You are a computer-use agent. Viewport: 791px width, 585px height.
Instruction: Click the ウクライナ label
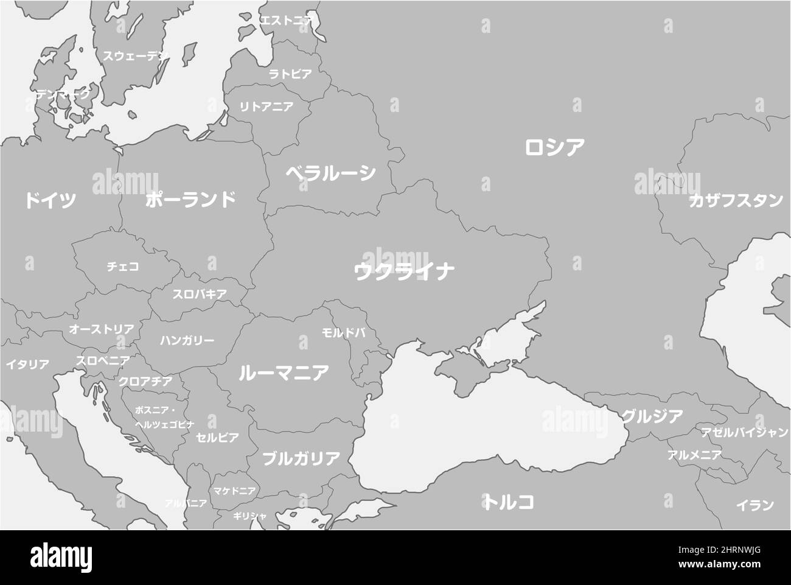pos(404,271)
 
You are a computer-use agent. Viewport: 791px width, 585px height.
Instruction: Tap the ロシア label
pos(554,147)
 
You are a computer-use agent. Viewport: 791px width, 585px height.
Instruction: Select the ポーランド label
pos(190,200)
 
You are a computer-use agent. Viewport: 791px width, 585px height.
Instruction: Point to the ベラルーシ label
pos(331,173)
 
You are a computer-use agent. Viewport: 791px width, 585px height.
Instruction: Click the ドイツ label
pos(51,200)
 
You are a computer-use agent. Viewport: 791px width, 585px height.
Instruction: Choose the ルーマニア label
pos(284,373)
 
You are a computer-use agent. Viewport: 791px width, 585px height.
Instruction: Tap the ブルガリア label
pos(301,458)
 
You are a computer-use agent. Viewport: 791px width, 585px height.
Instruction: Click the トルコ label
pos(510,502)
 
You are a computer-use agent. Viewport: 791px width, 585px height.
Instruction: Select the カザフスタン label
pos(736,201)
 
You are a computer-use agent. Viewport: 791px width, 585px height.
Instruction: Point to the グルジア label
pos(652,416)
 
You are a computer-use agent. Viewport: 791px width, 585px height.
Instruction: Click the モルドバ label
pos(343,333)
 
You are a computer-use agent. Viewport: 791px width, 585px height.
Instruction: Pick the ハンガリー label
pos(187,340)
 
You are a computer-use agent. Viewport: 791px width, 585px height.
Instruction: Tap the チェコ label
pos(123,267)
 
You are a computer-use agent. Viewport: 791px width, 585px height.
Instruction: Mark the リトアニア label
pos(266,107)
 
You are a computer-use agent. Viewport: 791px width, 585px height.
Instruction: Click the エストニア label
pos(286,20)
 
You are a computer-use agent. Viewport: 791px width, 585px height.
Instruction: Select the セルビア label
pos(217,437)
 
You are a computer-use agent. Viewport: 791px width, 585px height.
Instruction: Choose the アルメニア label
pos(694,454)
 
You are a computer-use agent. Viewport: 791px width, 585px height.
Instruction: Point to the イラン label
pos(754,505)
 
